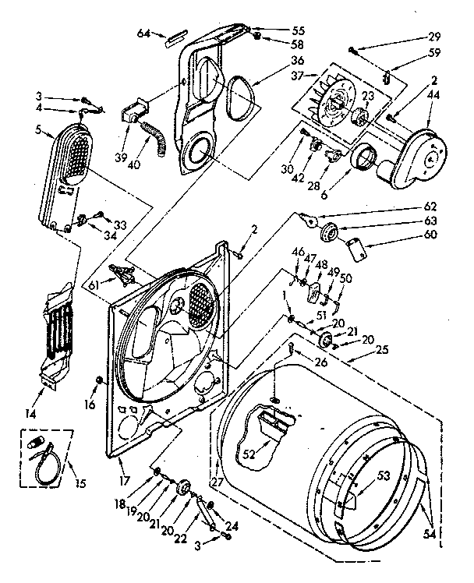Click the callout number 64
coord(143,33)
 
